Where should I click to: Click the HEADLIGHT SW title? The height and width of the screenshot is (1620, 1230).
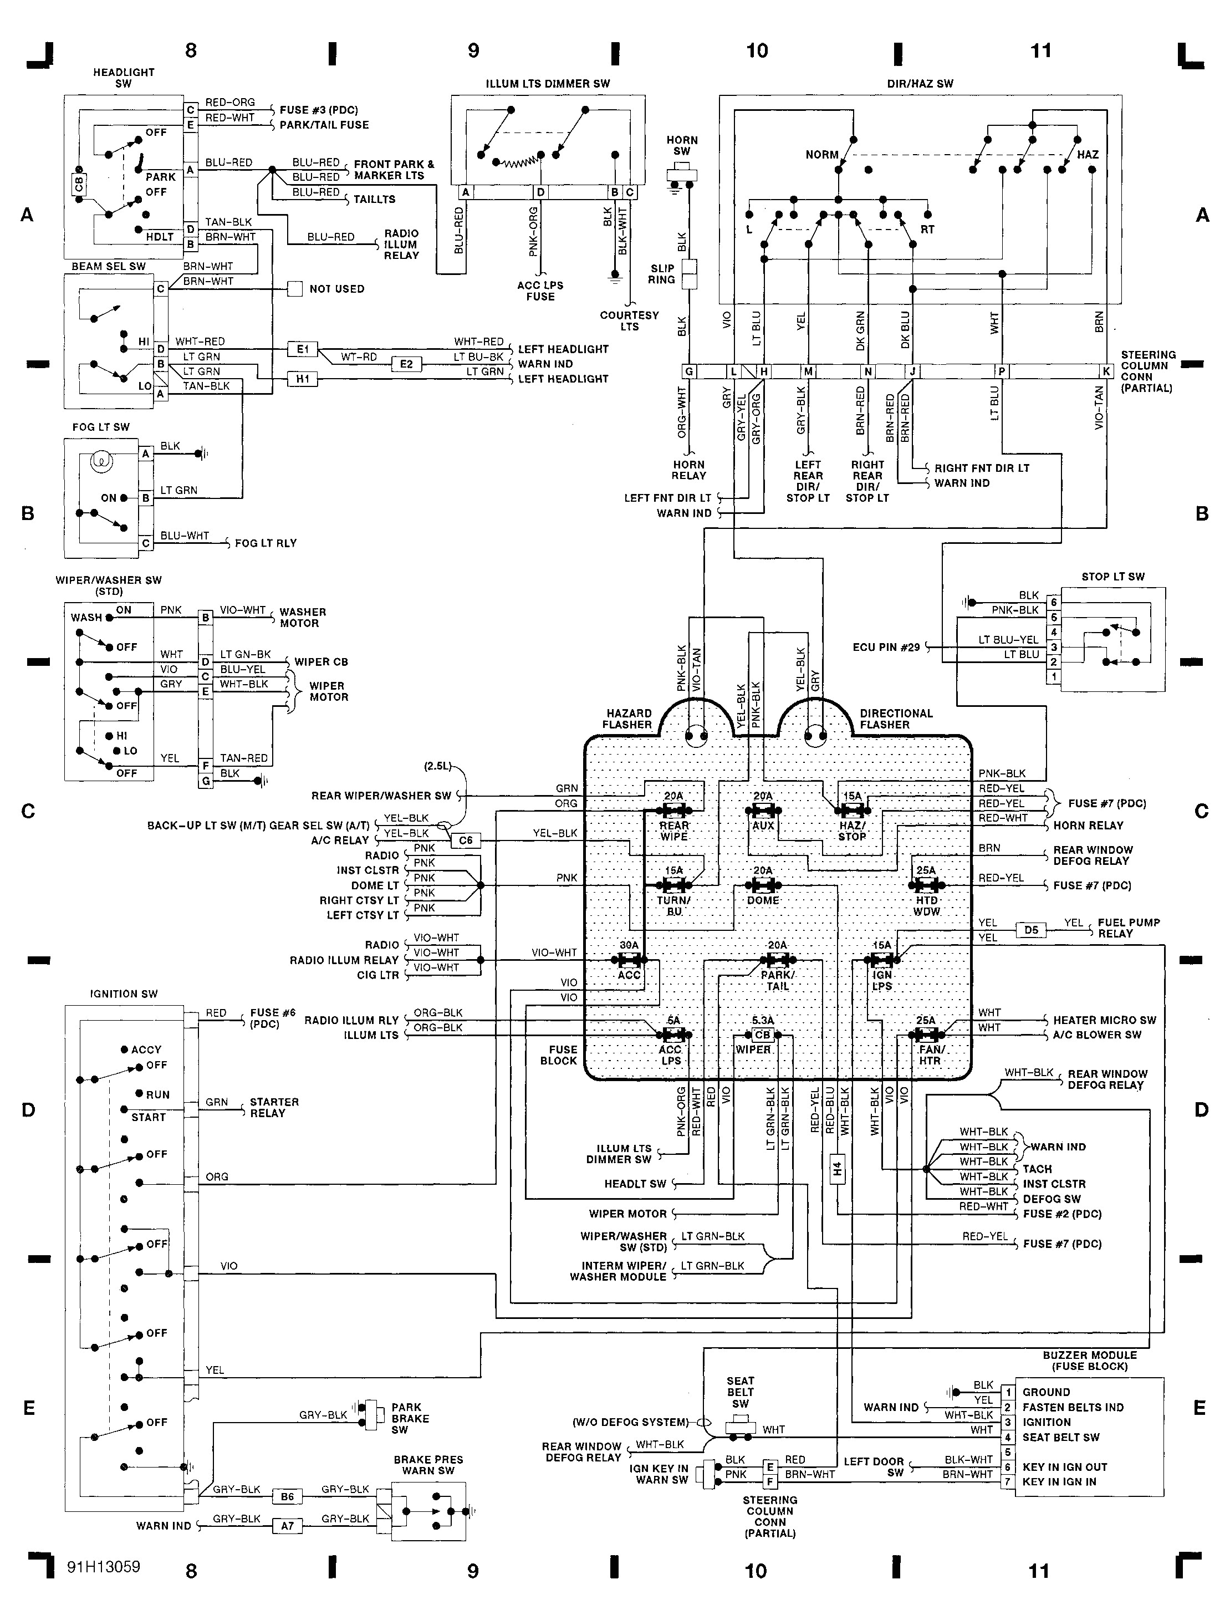[x=124, y=78]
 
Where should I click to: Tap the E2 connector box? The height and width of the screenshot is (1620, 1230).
[x=406, y=364]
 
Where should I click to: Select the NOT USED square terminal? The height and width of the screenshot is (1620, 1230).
[x=295, y=288]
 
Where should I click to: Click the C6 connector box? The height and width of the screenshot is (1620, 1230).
[x=466, y=840]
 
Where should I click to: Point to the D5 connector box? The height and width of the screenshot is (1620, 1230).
[x=1031, y=930]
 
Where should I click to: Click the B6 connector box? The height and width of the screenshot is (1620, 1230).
[x=287, y=1497]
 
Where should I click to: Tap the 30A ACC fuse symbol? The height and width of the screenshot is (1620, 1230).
[x=629, y=959]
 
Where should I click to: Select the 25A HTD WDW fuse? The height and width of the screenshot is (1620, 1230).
[x=926, y=885]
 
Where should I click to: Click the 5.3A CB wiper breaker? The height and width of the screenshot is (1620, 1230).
[x=762, y=1035]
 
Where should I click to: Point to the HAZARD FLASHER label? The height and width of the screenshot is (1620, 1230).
[x=627, y=719]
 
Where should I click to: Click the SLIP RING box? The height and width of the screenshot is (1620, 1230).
[x=689, y=274]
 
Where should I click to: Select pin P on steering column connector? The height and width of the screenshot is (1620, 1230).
[x=1001, y=372]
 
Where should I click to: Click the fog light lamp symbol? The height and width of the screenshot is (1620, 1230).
[x=100, y=461]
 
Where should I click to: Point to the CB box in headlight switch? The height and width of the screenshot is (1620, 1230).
[x=79, y=184]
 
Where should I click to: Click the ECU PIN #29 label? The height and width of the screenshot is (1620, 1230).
[x=886, y=648]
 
